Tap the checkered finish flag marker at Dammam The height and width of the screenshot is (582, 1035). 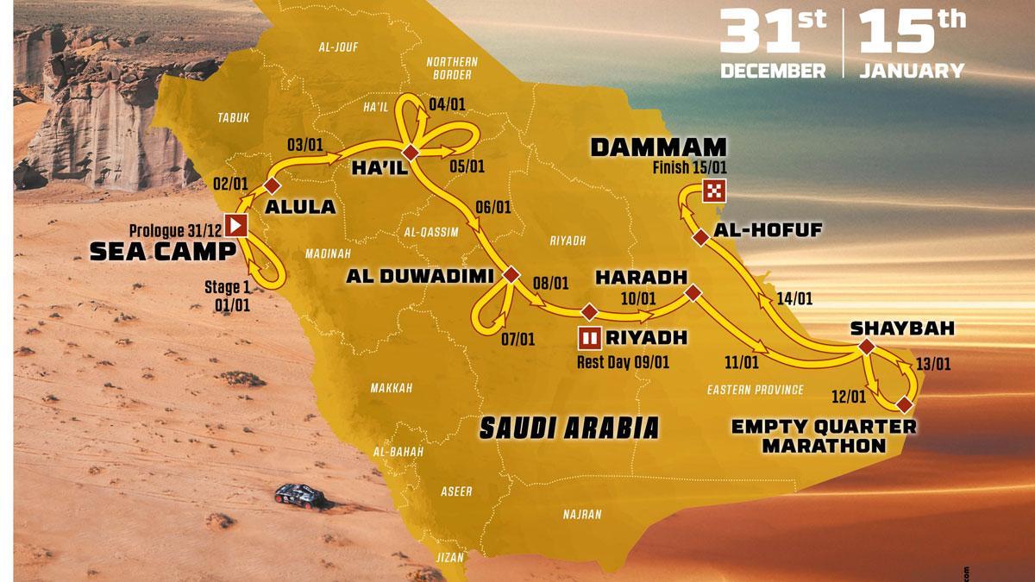(714, 191)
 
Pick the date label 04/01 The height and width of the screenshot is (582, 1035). (447, 105)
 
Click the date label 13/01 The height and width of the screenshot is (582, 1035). (933, 363)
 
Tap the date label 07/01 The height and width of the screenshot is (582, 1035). (517, 340)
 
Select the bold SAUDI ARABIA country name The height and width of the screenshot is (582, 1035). (570, 426)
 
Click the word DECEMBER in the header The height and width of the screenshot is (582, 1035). (773, 71)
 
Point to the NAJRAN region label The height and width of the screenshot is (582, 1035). (582, 514)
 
